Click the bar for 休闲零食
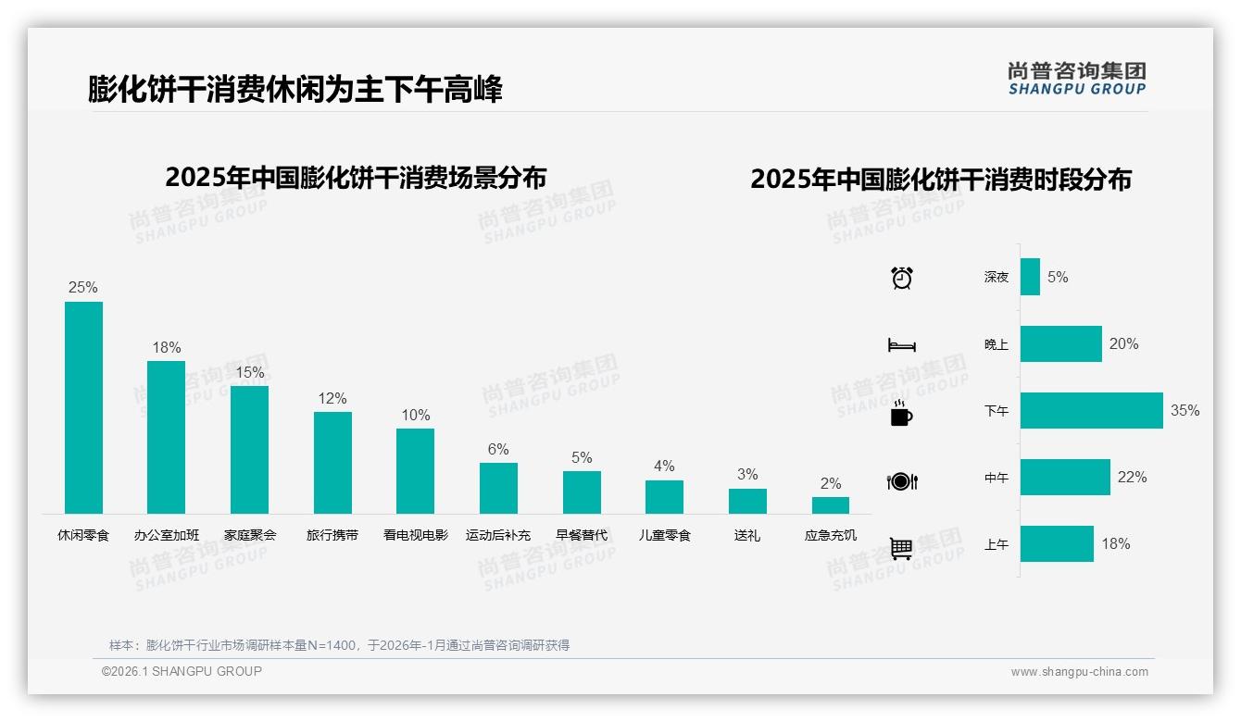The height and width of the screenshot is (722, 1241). (x=83, y=407)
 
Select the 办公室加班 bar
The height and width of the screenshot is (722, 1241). (x=167, y=437)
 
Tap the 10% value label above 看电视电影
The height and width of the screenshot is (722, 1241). (x=416, y=416)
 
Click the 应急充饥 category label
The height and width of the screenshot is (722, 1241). (x=831, y=535)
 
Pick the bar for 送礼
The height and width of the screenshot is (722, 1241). (x=747, y=501)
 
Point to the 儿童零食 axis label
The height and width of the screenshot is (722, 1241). (x=664, y=535)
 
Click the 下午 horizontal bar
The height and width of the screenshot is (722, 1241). (x=1091, y=411)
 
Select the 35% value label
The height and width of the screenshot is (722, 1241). (x=1185, y=411)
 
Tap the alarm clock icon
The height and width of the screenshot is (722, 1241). (x=901, y=278)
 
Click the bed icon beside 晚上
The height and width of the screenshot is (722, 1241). (x=901, y=345)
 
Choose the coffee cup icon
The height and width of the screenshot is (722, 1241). (x=901, y=414)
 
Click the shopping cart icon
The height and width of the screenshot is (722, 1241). (x=901, y=548)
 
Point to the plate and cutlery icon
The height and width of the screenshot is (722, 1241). (x=901, y=481)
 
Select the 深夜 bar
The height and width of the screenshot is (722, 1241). (x=1030, y=277)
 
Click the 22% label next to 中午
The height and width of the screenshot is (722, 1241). (x=1132, y=478)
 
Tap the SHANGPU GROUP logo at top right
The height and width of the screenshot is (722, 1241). (x=1076, y=79)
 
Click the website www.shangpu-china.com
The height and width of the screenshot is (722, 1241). (x=1079, y=672)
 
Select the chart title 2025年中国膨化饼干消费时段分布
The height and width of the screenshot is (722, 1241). (x=941, y=180)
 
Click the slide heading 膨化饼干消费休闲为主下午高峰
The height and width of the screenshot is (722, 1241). (x=295, y=90)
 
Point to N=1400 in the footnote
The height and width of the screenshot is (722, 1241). (x=332, y=645)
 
